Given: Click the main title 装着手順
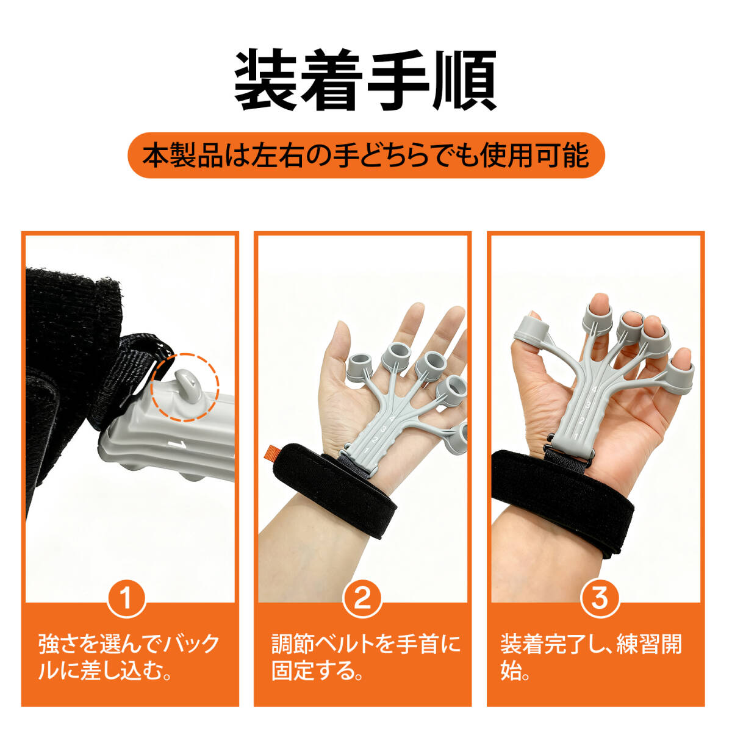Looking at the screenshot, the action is pos(365,80).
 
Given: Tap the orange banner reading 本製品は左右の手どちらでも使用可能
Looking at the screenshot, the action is pos(366,156).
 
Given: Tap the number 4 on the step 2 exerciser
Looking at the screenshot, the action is pos(392,420).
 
